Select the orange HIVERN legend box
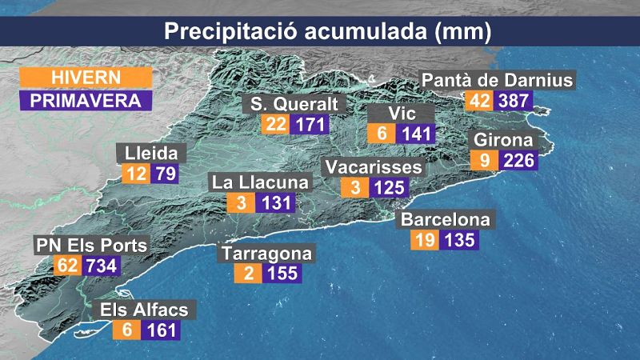[x=86, y=78]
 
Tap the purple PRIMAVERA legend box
[x=86, y=101]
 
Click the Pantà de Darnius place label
[x=497, y=81]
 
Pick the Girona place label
[x=503, y=140]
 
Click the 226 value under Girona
[x=518, y=161]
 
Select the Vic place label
[x=402, y=114]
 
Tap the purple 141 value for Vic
[x=417, y=134]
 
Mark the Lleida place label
[x=151, y=153]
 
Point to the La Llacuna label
[x=259, y=182]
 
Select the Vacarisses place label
[x=374, y=167]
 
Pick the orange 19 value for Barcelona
[x=425, y=240]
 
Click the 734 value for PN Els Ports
[x=102, y=266]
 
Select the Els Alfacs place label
[x=143, y=310]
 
